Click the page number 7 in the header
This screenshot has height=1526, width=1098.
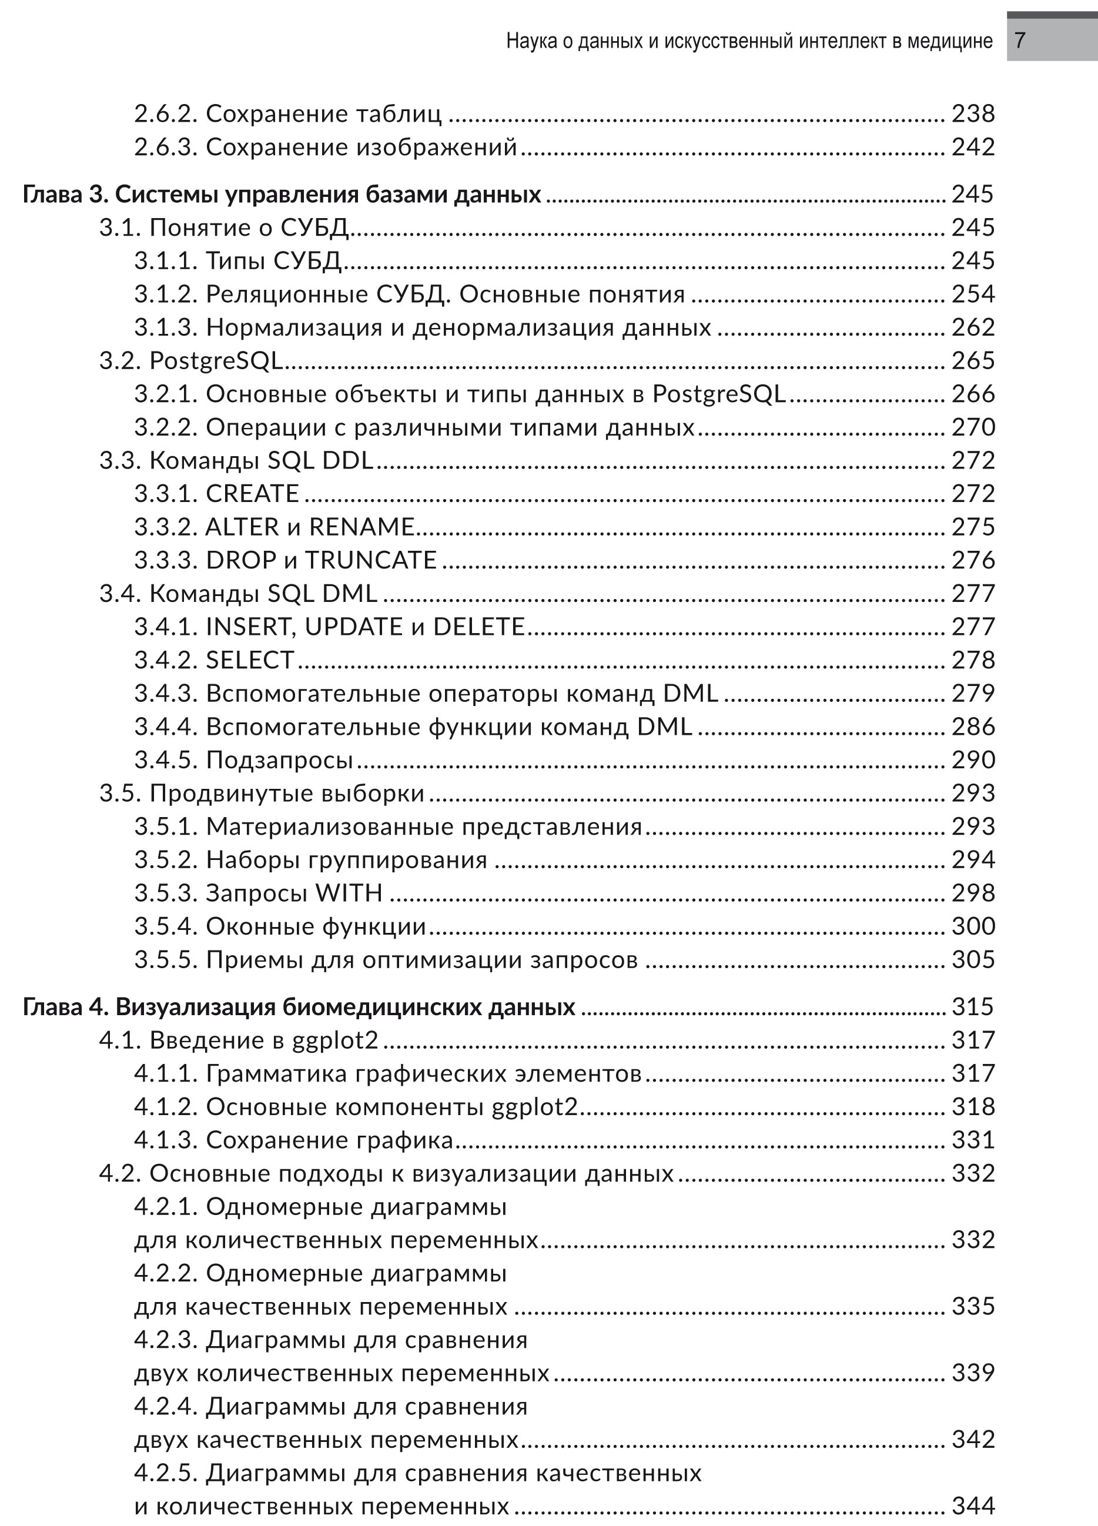click(x=1020, y=41)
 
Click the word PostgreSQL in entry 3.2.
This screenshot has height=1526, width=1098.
click(x=216, y=362)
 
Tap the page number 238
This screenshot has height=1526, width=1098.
click(x=973, y=113)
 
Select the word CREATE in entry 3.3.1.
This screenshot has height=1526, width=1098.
click(x=252, y=494)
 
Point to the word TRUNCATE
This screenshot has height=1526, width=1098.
click(x=371, y=560)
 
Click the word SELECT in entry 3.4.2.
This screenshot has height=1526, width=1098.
click(x=250, y=660)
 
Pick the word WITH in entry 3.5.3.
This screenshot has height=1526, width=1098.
click(x=349, y=893)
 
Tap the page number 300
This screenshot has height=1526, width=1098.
click(x=973, y=926)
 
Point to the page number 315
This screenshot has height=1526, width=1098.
click(x=972, y=1006)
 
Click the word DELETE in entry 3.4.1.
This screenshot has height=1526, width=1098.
click(x=478, y=627)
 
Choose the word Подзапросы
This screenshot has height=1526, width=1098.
click(x=279, y=760)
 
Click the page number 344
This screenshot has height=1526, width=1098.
click(x=973, y=1507)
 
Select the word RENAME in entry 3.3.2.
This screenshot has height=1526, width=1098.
click(x=361, y=527)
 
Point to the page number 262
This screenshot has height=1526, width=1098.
click(x=973, y=327)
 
